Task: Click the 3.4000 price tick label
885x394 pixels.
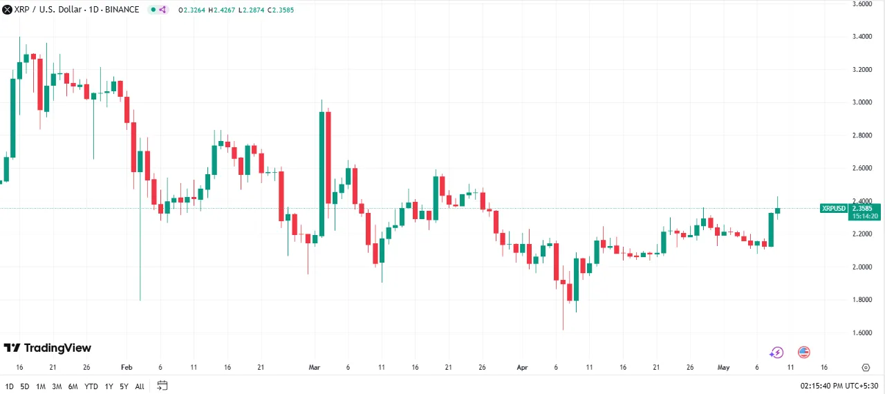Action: click(x=862, y=37)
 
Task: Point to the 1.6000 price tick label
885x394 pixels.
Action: click(x=862, y=332)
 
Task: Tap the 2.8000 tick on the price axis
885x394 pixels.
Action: click(x=862, y=135)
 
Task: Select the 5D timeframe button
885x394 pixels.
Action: click(x=25, y=386)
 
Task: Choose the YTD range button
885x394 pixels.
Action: click(x=91, y=386)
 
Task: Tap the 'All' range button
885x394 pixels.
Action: click(x=140, y=386)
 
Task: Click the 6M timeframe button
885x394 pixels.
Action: click(x=73, y=386)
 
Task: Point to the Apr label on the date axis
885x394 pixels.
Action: click(x=522, y=368)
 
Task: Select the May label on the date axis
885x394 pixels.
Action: click(x=724, y=368)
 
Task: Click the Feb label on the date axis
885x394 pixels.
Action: click(x=126, y=368)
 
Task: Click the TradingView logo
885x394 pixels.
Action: click(x=47, y=348)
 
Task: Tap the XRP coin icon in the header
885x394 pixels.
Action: click(x=6, y=10)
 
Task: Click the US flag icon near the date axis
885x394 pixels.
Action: click(x=803, y=353)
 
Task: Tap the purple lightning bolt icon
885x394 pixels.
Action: click(x=776, y=353)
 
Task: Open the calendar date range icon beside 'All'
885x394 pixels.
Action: click(x=162, y=386)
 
